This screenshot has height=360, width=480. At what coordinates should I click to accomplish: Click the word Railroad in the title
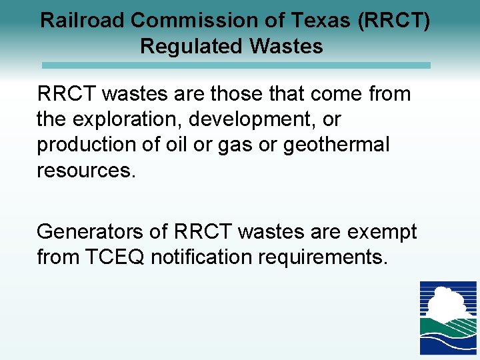pyautogui.click(x=83, y=20)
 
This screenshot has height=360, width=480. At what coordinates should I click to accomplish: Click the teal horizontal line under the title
pyautogui.click(x=236, y=65)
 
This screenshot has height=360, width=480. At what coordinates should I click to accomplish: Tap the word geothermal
pyautogui.click(x=336, y=145)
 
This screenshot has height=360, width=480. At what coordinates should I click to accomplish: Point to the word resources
pyautogui.click(x=86, y=170)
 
